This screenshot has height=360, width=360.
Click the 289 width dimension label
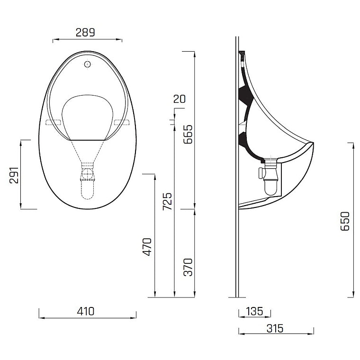[86, 32]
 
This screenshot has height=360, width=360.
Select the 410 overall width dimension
[85, 311]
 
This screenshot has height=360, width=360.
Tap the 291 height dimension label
[14, 176]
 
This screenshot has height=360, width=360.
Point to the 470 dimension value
[147, 247]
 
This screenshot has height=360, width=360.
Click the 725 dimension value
[167, 202]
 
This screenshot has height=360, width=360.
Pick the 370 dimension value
[188, 267]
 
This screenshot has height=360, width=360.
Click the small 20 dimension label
[180, 99]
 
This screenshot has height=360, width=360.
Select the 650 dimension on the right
[345, 221]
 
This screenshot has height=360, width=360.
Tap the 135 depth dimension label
[254, 311]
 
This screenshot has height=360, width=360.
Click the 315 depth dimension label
[275, 328]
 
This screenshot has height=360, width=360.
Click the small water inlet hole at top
[87, 64]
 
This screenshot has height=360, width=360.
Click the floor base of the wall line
[237, 297]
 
